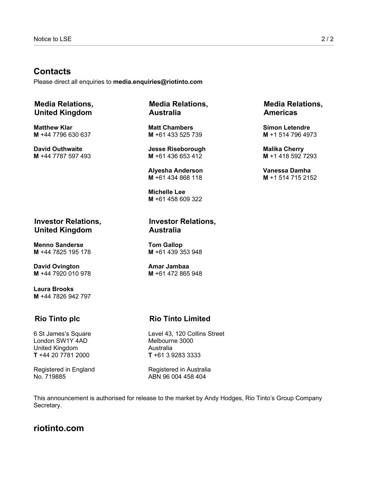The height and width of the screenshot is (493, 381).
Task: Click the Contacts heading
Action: click(x=52, y=71)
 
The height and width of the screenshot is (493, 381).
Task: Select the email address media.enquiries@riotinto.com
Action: click(x=157, y=82)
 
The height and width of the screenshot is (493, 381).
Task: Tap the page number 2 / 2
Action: click(x=327, y=39)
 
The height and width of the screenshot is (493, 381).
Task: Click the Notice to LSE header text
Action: click(x=52, y=39)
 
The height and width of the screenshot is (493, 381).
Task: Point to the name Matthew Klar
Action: click(x=53, y=127)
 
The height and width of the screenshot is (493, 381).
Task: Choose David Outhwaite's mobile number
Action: click(x=65, y=156)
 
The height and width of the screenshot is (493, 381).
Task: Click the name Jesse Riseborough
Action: click(x=177, y=149)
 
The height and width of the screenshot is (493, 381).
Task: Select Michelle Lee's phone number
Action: click(x=178, y=199)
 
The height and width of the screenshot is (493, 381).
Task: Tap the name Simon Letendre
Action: click(x=286, y=127)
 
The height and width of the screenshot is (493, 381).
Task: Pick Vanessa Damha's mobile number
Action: click(x=293, y=177)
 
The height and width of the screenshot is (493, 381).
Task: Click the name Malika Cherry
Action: click(x=283, y=149)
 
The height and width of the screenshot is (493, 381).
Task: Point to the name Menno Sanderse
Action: click(x=58, y=245)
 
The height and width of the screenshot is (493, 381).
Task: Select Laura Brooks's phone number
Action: click(x=65, y=296)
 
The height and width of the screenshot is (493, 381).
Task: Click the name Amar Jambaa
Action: click(x=168, y=266)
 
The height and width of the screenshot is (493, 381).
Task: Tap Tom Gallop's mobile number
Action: click(x=178, y=252)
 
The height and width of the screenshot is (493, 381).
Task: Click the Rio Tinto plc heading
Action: click(x=57, y=319)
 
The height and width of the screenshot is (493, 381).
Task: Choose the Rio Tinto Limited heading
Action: click(x=179, y=319)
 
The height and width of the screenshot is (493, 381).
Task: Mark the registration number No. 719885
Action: click(x=49, y=377)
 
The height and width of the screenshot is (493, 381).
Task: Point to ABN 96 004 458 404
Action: click(x=177, y=377)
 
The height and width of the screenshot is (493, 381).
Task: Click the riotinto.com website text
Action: click(x=59, y=428)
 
